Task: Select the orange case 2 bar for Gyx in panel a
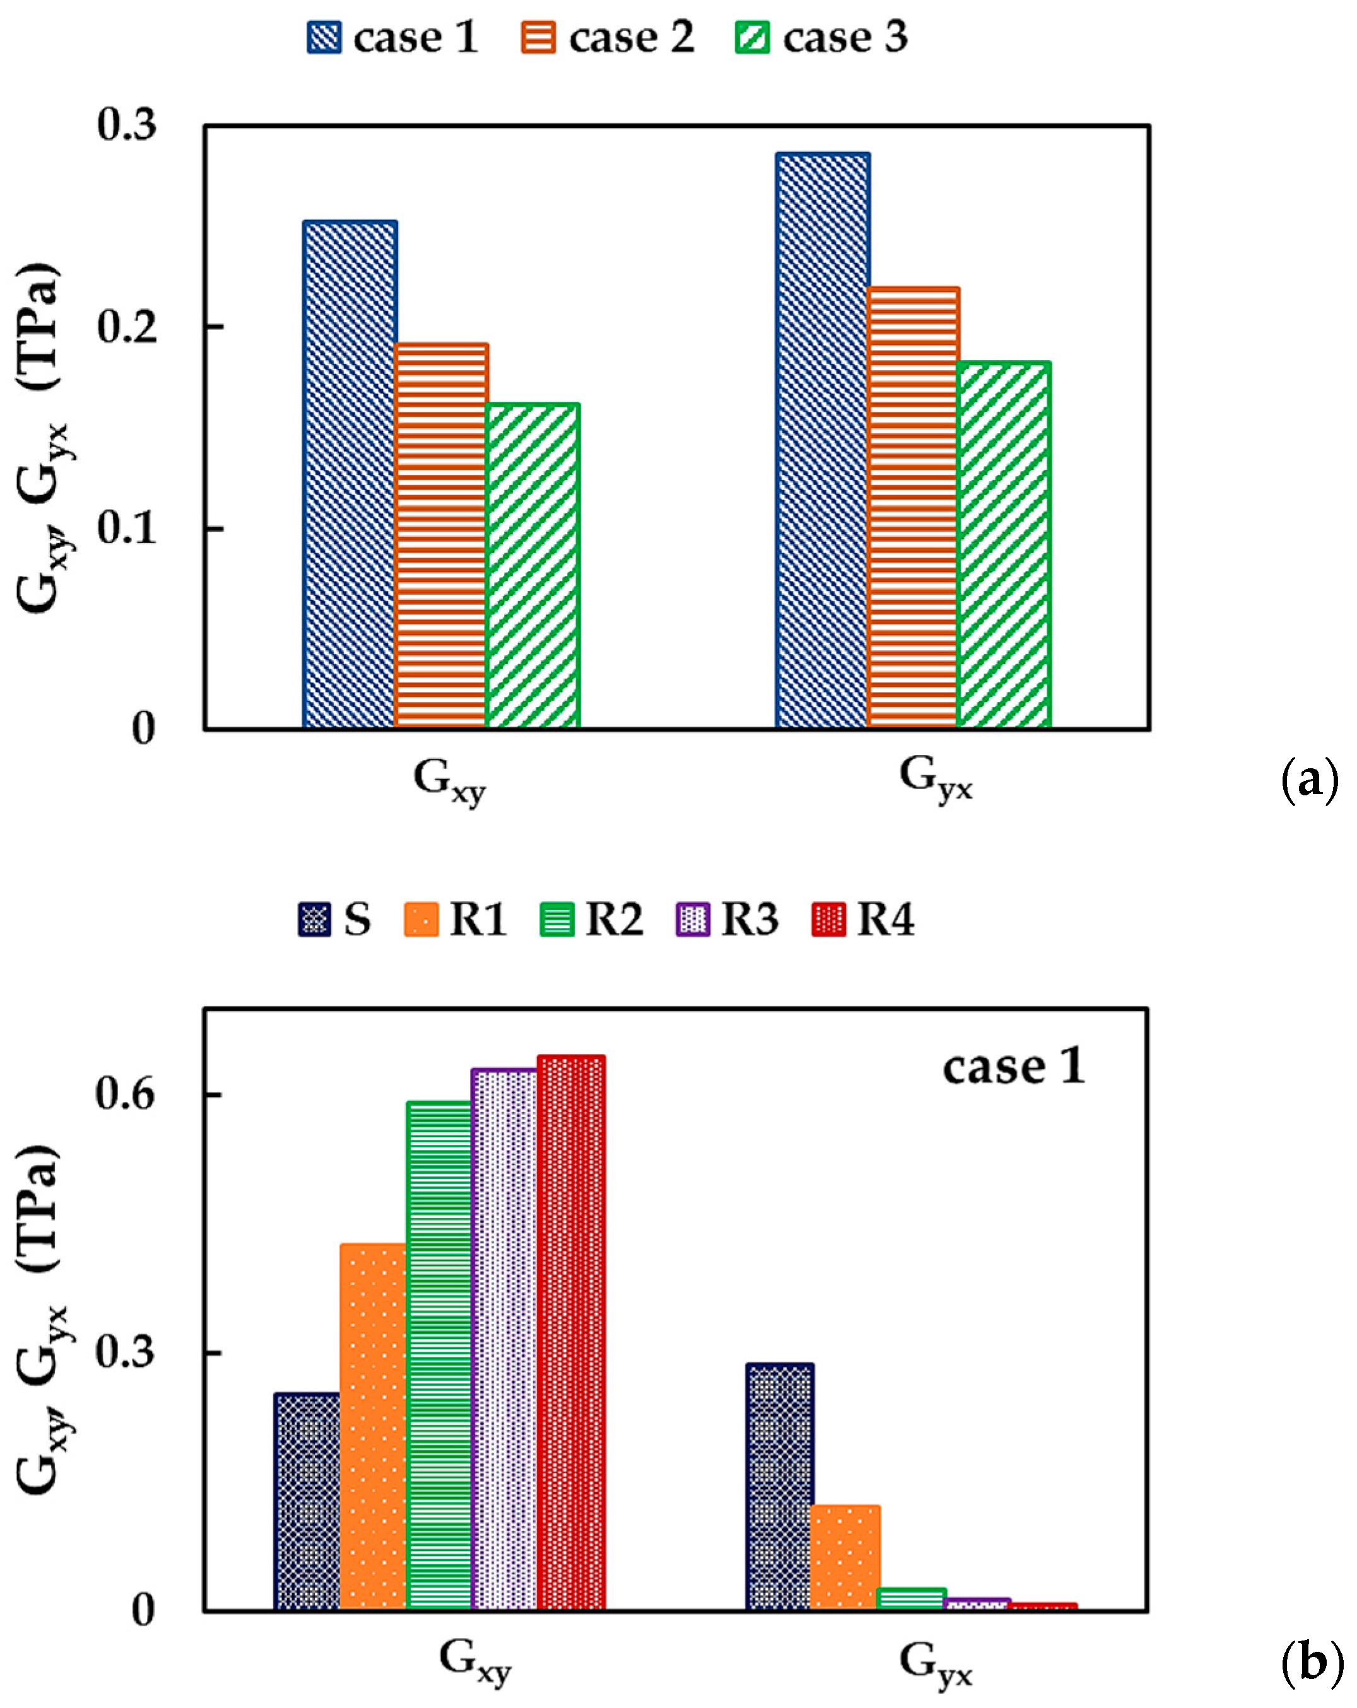[x=913, y=507]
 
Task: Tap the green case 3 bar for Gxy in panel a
[x=532, y=566]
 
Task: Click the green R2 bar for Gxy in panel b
[x=439, y=1355]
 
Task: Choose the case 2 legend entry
[x=608, y=37]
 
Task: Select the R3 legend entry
[x=727, y=920]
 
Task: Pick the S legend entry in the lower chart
[x=334, y=920]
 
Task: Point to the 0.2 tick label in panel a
[x=127, y=326]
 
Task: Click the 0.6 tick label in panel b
[x=124, y=1094]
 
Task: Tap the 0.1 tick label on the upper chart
[x=127, y=528]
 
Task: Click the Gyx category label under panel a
[x=935, y=778]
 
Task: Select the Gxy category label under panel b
[x=474, y=1659]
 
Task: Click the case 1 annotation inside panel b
[x=1013, y=1067]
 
